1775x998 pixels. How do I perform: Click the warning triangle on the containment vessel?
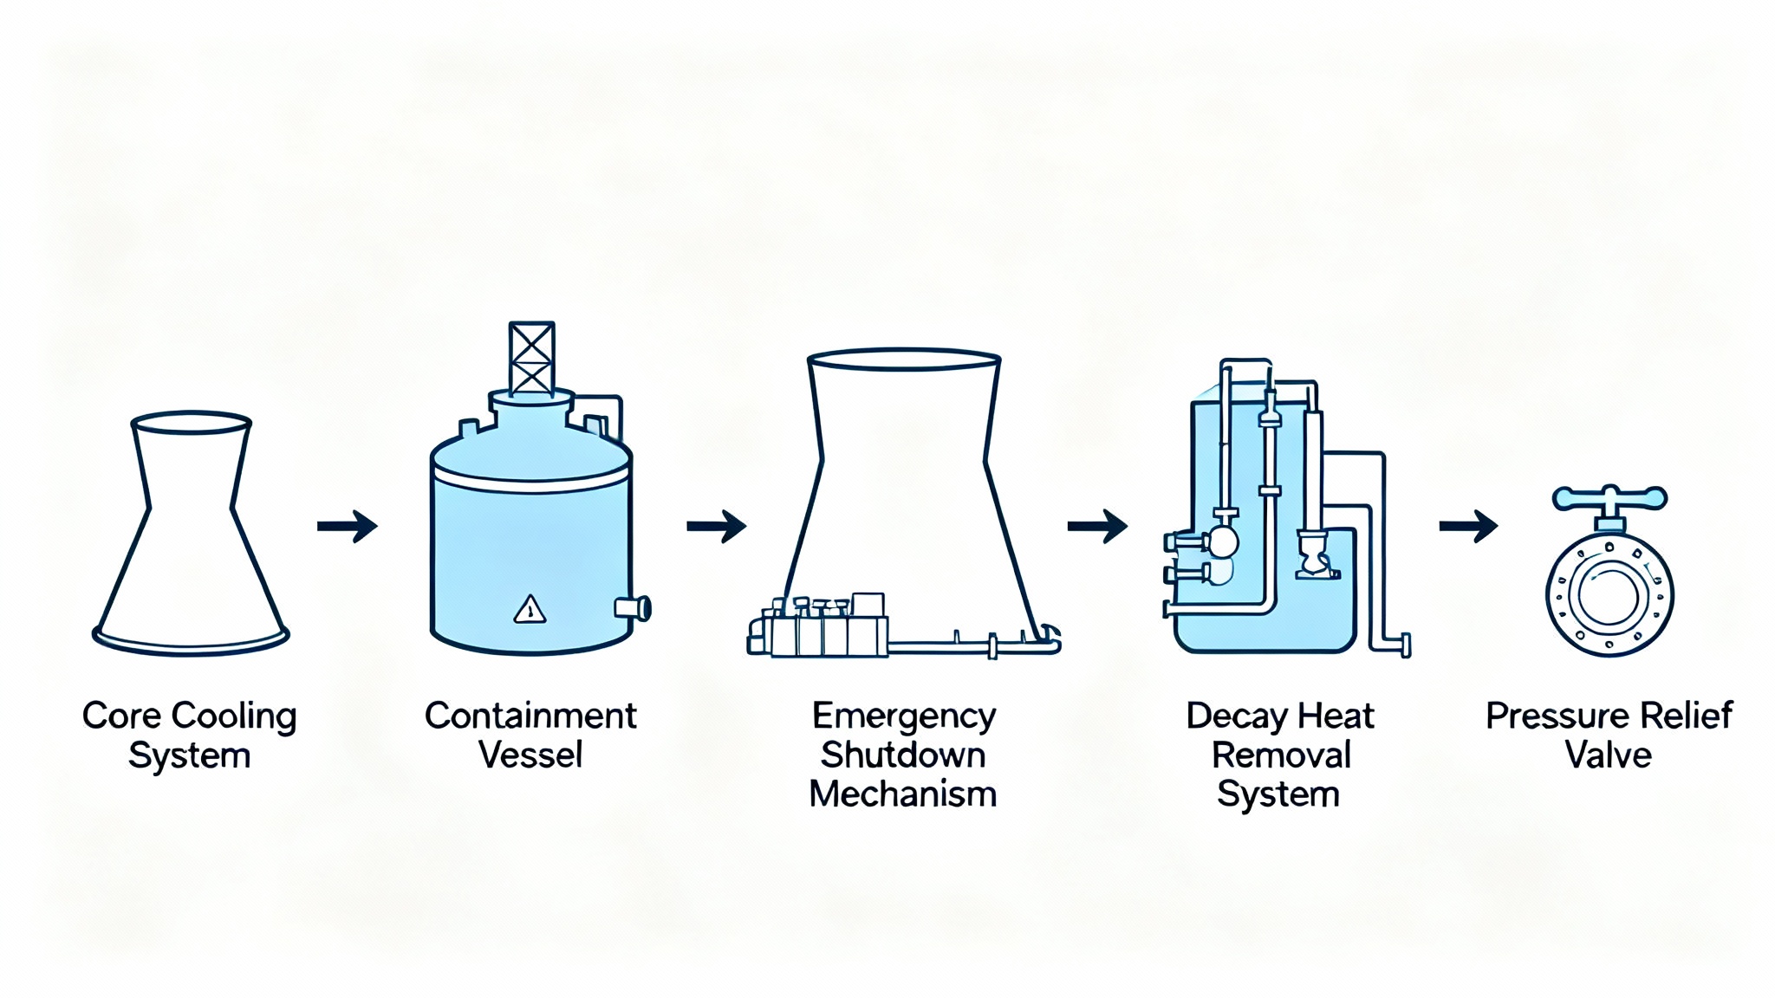coord(530,610)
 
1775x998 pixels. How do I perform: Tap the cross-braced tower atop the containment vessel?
coord(531,358)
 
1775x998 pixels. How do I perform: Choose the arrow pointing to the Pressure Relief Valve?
coord(1468,526)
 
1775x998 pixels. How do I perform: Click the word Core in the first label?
coord(121,716)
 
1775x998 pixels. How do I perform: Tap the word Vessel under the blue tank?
coord(530,755)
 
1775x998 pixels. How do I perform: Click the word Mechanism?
coord(903,794)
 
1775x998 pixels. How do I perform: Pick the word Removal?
coord(1281,755)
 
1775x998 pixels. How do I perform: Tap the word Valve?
coord(1609,755)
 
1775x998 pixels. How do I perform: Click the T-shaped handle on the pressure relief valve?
coord(1609,498)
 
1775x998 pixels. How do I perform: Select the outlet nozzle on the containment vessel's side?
coord(634,608)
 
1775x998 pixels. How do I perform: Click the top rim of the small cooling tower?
coord(191,423)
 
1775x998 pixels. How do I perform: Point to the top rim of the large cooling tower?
coord(904,359)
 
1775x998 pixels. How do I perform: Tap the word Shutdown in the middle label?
coord(903,755)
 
